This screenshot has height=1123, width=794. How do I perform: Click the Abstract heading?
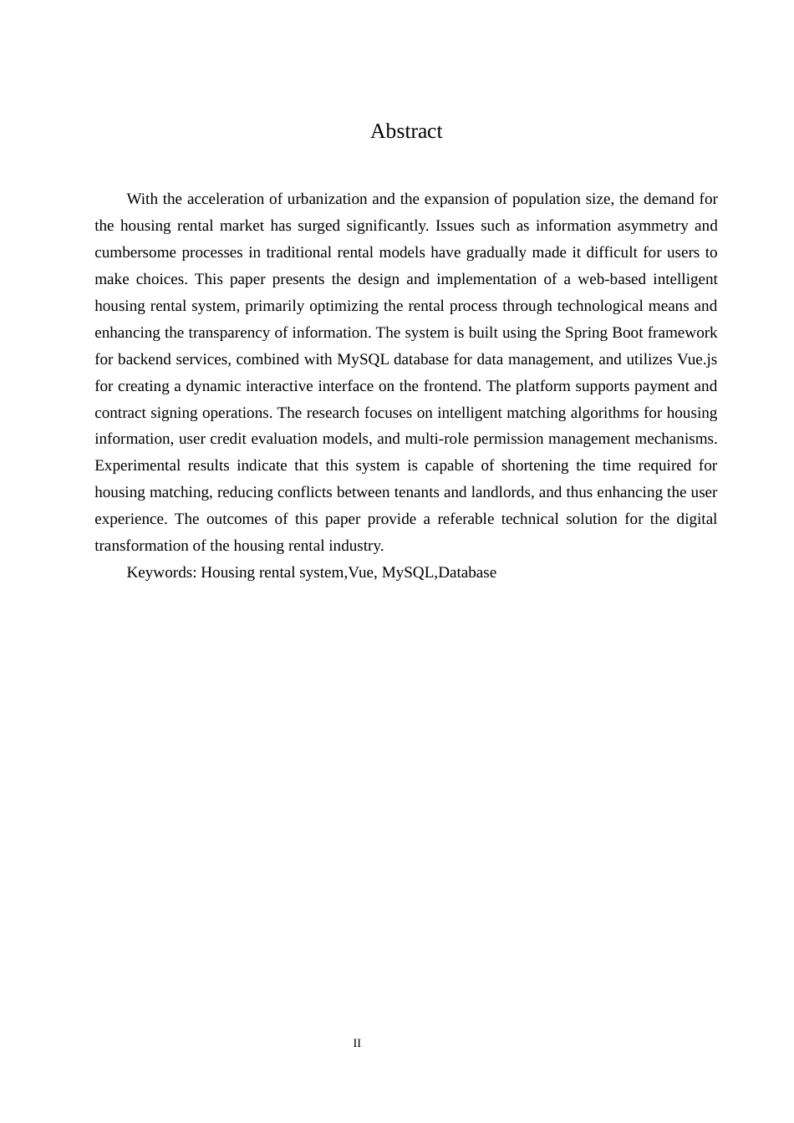pos(406,131)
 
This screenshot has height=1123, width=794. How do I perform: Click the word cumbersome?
pos(130,252)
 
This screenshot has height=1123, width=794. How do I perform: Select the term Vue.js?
pos(697,359)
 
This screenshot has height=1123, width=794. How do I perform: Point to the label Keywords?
pos(161,572)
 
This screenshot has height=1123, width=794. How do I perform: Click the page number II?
pos(357,1043)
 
